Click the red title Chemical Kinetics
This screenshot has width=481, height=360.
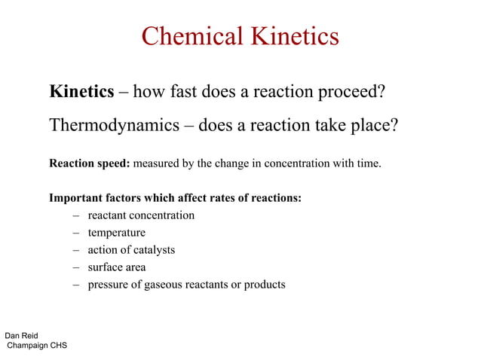click(240, 36)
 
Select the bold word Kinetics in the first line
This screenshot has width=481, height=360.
click(81, 93)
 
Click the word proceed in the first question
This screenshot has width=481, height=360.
click(354, 93)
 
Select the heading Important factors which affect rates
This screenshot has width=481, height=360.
click(175, 198)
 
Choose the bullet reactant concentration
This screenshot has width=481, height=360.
click(141, 215)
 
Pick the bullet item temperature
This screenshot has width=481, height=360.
click(116, 233)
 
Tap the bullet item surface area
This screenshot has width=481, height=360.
click(117, 267)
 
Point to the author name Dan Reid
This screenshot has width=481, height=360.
click(21, 335)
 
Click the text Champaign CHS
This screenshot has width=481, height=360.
click(37, 346)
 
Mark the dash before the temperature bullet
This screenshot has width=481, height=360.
click(76, 233)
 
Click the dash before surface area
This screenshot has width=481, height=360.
click(76, 267)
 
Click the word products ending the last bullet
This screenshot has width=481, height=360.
click(263, 285)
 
